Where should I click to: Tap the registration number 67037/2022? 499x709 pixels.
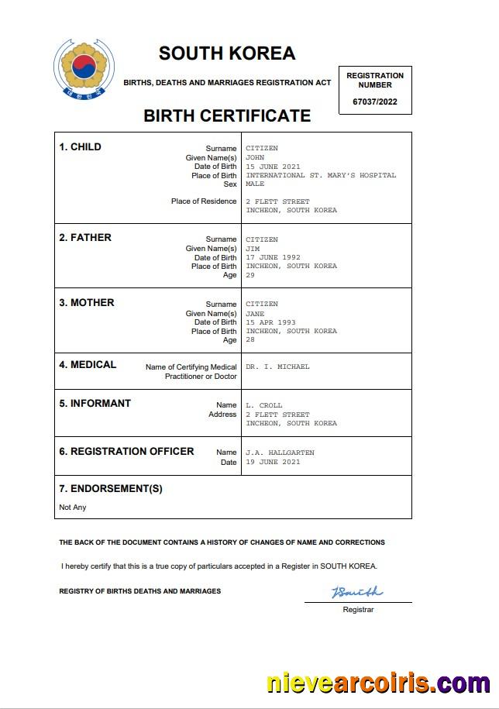tap(375, 102)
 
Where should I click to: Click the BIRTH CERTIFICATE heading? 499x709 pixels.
tap(227, 116)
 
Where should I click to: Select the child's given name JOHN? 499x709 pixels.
tap(255, 157)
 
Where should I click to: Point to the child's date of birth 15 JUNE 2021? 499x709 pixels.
tap(273, 167)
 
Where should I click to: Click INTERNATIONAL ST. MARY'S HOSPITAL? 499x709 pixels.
tap(321, 175)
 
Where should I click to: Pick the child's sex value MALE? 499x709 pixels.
tap(255, 184)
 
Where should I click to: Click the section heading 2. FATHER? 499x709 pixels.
tap(85, 238)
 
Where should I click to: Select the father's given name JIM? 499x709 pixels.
tap(253, 248)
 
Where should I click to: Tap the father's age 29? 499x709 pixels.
tap(250, 275)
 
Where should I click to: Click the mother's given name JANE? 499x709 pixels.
tap(255, 313)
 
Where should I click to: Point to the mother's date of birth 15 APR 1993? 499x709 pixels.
tap(270, 322)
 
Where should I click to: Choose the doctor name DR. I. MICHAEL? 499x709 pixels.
tap(277, 367)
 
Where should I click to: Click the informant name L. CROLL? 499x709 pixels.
tap(264, 405)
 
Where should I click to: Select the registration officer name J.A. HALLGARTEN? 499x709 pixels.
tap(280, 453)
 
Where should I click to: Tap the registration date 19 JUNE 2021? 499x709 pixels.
tap(273, 462)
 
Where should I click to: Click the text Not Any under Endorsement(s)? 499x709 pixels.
tap(73, 508)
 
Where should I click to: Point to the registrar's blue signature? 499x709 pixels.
tap(356, 593)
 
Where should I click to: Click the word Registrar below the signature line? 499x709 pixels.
tap(358, 610)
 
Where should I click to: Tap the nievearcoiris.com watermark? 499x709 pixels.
tap(378, 683)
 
